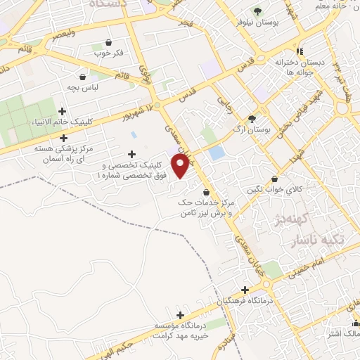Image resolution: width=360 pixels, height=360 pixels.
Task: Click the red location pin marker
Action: [x=181, y=166]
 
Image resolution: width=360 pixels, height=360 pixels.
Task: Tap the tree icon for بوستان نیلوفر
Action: [x=257, y=11]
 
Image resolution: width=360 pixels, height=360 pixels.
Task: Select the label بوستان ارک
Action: [x=252, y=130]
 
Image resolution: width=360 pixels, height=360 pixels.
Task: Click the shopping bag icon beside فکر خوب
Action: [x=108, y=43]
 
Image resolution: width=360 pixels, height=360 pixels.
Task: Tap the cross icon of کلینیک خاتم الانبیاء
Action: [x=63, y=111]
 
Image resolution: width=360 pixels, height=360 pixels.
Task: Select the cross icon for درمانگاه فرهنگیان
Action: [x=245, y=290]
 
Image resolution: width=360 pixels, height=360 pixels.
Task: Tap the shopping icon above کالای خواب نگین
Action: [x=274, y=179]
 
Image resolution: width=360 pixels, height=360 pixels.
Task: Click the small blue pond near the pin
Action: [x=217, y=153]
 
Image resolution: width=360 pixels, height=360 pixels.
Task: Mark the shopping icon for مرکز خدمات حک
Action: [x=205, y=191]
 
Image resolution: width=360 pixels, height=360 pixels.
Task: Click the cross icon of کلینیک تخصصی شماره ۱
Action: [x=131, y=154]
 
